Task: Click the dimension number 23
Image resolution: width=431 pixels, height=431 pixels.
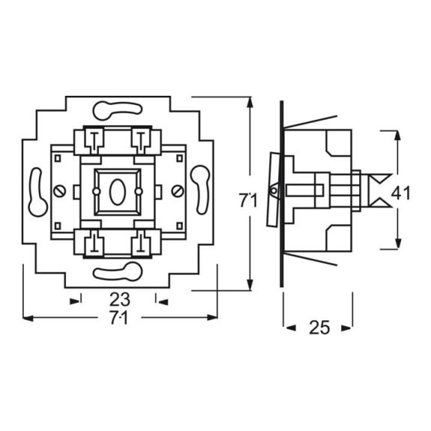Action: (x=120, y=299)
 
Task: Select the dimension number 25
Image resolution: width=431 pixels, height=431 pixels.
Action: (x=319, y=328)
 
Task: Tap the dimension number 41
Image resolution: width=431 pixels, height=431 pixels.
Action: (x=401, y=193)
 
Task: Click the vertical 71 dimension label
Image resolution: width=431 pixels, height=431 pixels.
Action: (x=248, y=201)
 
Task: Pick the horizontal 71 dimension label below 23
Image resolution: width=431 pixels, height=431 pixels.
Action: (x=119, y=318)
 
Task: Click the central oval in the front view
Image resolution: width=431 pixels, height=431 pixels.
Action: (x=117, y=192)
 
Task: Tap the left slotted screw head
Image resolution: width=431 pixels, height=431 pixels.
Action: (x=59, y=192)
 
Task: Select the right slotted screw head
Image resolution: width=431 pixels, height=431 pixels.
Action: (x=177, y=192)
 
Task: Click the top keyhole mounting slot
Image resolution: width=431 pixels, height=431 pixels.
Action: (x=117, y=111)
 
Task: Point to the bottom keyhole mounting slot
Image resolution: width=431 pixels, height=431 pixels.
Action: (x=117, y=272)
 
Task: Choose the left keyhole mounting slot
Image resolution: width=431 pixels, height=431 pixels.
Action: (x=38, y=192)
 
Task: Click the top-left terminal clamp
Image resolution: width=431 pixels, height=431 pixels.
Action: (x=94, y=141)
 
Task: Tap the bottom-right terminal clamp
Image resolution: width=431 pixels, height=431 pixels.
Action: (x=141, y=243)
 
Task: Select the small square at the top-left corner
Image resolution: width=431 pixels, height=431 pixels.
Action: (x=58, y=159)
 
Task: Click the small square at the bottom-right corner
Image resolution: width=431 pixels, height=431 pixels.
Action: (x=180, y=226)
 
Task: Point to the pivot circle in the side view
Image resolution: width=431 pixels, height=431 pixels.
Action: (x=274, y=191)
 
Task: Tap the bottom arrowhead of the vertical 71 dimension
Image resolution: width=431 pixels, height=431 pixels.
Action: (x=250, y=284)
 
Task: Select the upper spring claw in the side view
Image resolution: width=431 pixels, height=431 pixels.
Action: (x=311, y=122)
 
